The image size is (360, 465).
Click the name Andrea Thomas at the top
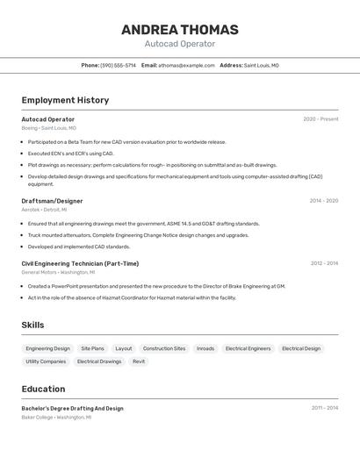point(180,30)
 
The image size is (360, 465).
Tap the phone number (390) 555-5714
point(119,65)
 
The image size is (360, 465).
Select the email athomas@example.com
point(186,65)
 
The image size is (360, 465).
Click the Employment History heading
point(65,100)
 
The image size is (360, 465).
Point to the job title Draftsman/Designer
point(52,201)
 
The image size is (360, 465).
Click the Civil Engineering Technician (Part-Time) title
point(80,263)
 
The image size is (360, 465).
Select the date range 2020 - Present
point(320,119)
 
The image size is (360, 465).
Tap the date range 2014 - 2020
point(323,201)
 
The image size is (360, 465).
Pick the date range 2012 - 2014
point(324,263)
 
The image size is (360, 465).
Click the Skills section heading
point(32,325)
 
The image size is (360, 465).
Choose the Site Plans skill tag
point(92,348)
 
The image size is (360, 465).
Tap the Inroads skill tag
point(205,348)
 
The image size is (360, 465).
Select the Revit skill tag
point(139,361)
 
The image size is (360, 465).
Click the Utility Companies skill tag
point(46,361)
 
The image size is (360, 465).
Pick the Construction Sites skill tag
point(164,348)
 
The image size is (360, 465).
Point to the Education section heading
point(43,389)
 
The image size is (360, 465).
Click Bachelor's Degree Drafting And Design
point(72,408)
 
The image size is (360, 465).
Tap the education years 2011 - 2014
point(324,408)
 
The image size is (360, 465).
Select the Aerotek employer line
point(44,210)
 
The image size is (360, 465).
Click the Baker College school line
point(56,418)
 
